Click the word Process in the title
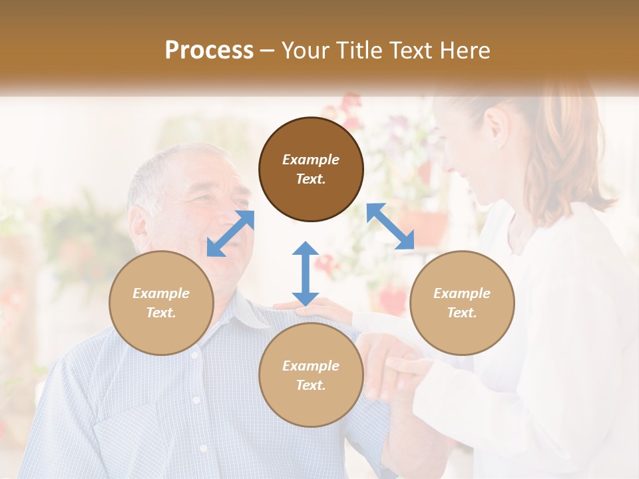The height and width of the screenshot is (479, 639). pyautogui.click(x=209, y=51)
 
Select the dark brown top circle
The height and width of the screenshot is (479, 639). pyautogui.click(x=311, y=169)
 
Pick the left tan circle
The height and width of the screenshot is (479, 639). pyautogui.click(x=161, y=303)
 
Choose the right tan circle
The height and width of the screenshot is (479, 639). pyautogui.click(x=462, y=303)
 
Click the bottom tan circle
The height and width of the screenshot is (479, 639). pyautogui.click(x=311, y=375)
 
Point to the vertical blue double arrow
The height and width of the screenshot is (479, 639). pyautogui.click(x=305, y=273)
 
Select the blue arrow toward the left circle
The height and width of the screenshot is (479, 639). pyautogui.click(x=230, y=233)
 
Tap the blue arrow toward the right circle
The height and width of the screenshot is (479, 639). pyautogui.click(x=391, y=226)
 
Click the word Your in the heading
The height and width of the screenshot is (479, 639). pyautogui.click(x=306, y=51)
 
